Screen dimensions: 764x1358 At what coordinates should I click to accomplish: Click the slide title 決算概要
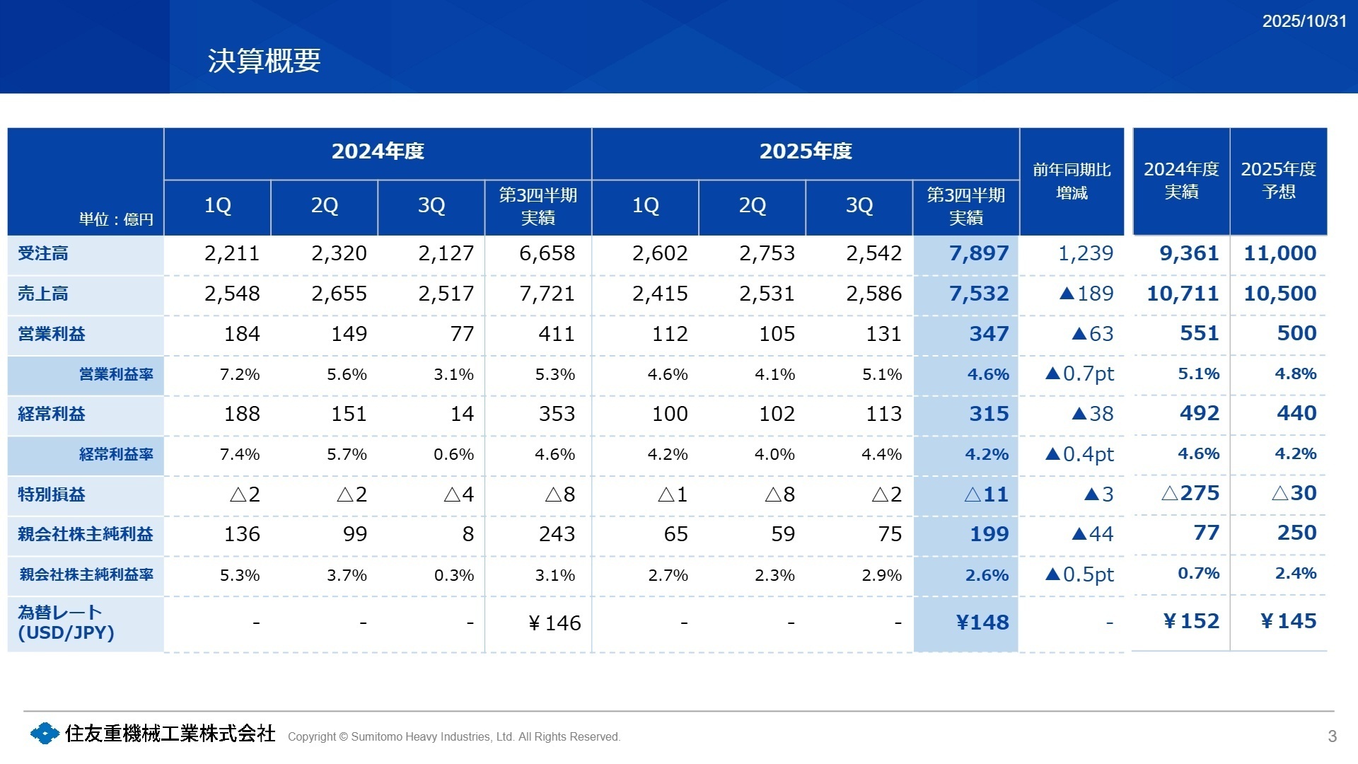(x=264, y=61)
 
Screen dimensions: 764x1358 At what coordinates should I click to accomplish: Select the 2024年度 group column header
(x=378, y=151)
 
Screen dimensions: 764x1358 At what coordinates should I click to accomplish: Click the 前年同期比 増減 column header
(x=1072, y=181)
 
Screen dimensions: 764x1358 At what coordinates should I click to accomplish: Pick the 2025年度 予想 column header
(x=1278, y=180)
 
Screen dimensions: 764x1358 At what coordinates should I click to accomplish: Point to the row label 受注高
(x=43, y=253)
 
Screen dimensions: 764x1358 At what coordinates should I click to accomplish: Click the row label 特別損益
(x=51, y=494)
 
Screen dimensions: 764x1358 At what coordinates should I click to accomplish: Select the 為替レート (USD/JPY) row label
(x=65, y=623)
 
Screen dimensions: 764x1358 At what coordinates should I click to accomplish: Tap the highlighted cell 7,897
(x=978, y=253)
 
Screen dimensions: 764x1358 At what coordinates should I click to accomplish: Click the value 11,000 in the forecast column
(x=1279, y=253)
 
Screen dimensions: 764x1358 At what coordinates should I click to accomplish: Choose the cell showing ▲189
(x=1086, y=294)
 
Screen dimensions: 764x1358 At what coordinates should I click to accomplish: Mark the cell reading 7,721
(x=547, y=294)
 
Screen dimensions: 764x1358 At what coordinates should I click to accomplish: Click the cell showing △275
(x=1190, y=493)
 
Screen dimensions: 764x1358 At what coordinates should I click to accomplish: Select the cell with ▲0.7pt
(x=1079, y=374)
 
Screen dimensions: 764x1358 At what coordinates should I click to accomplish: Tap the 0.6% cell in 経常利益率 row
(x=453, y=454)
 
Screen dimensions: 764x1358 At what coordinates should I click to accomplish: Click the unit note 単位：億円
(x=116, y=219)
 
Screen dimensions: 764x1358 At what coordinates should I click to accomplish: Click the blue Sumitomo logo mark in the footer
(x=45, y=734)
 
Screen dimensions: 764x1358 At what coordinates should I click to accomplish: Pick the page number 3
(x=1332, y=736)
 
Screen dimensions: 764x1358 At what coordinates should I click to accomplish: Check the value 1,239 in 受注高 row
(x=1085, y=253)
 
